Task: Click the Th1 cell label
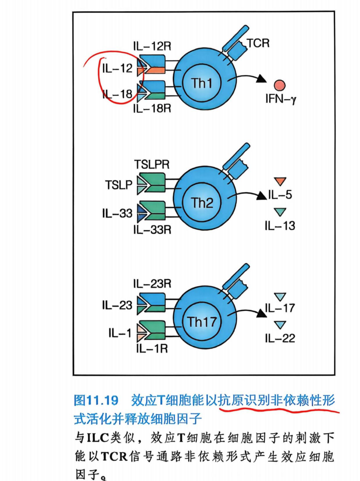point(202,83)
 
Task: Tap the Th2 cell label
point(202,202)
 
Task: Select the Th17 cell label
point(202,322)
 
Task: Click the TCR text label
point(258,43)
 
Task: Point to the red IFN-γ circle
point(280,85)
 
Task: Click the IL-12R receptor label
point(152,47)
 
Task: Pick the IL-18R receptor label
point(152,109)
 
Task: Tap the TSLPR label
point(152,164)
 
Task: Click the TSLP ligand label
point(119,185)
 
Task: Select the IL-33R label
point(152,229)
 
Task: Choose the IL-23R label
point(152,284)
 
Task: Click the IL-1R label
point(152,349)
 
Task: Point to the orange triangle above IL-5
point(280,181)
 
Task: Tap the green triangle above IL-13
point(280,212)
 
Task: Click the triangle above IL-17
point(280,297)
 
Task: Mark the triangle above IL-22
point(280,325)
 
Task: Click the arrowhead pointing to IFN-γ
point(261,79)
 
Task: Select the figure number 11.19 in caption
point(103,400)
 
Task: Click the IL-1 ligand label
point(120,333)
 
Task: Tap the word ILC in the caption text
point(98,438)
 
